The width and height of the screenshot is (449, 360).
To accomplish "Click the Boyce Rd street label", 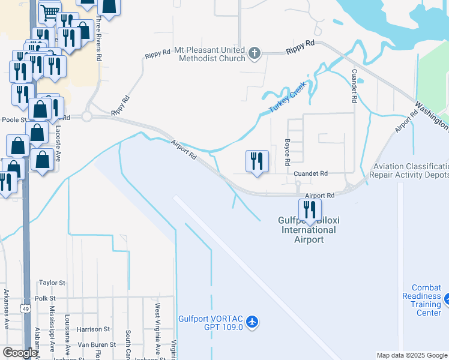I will (x=287, y=154).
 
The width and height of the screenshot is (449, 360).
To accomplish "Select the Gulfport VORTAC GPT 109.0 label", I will (x=210, y=323).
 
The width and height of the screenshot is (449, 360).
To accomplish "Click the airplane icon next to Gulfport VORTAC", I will (x=252, y=323).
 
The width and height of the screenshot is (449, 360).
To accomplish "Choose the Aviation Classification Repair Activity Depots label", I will (x=410, y=170).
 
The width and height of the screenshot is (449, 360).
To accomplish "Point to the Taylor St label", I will (x=52, y=283).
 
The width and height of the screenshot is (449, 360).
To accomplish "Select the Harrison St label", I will (x=93, y=329).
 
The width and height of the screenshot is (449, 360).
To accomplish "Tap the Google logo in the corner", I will (x=20, y=353).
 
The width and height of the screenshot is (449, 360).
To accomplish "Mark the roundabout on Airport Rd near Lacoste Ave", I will (x=87, y=116).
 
